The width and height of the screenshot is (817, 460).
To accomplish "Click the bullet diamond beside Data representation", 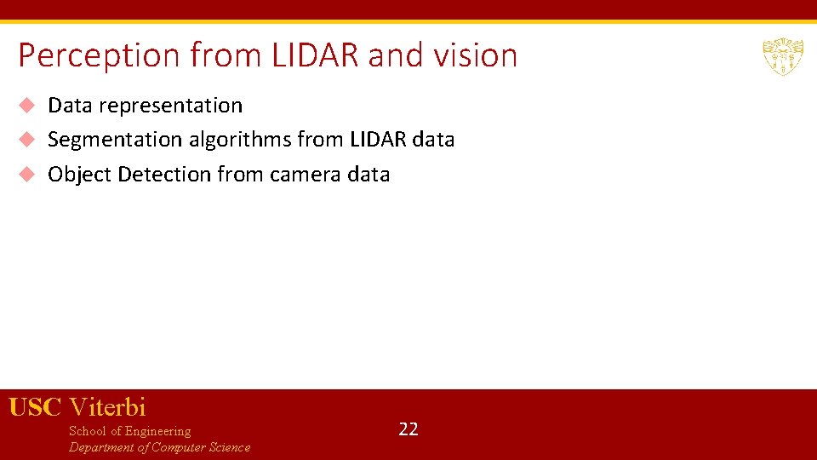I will pos(27,106).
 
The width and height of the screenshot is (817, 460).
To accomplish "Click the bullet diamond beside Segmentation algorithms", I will pos(27,139).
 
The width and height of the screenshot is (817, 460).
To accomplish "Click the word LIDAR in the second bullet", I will pos(378,139).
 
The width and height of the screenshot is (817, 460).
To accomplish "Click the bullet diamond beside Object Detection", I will pos(27,174).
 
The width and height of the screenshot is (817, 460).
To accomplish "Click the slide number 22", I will pos(408,429).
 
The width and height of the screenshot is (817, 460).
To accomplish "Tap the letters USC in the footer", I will pos(35,407).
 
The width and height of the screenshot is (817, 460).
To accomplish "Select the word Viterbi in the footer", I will pos(107,407).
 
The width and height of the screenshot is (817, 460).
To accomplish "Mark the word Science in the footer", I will pos(228,447).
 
